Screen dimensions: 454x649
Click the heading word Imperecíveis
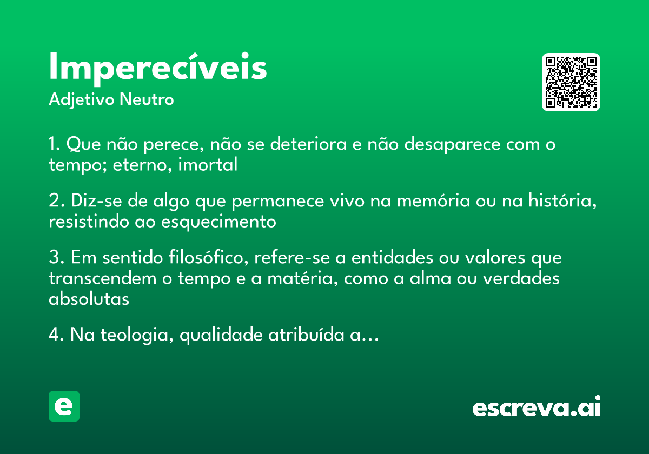[158, 68]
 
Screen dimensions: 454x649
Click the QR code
[571, 82]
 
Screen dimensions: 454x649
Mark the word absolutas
[89, 298]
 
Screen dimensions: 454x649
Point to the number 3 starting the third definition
[53, 258]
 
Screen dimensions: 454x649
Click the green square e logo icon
[64, 406]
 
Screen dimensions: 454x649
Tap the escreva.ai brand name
[537, 408]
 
